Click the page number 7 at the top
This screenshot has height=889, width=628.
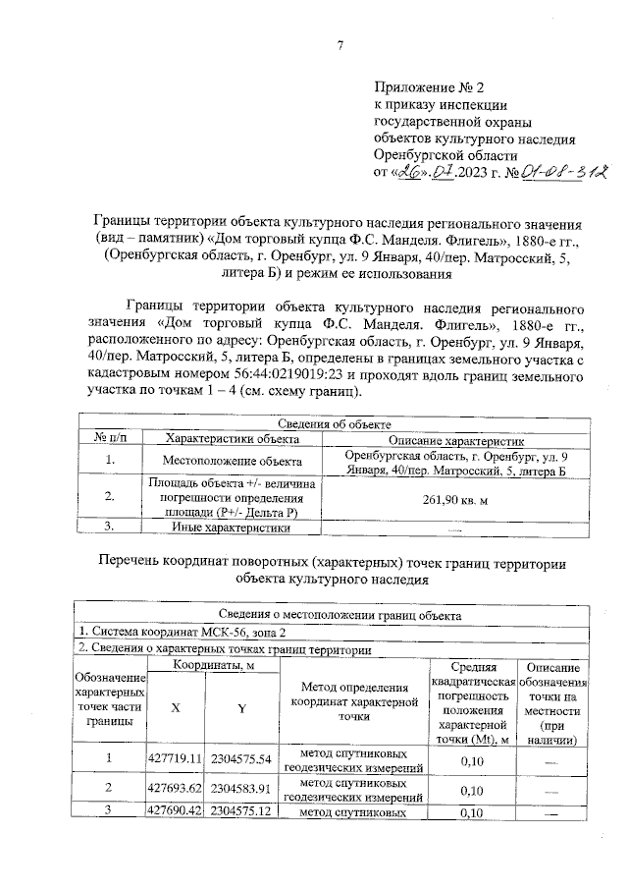pyautogui.click(x=340, y=44)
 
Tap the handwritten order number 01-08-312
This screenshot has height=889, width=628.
pyautogui.click(x=548, y=173)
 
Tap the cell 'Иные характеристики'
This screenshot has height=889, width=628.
pyautogui.click(x=232, y=528)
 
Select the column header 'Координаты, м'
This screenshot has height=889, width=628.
pyautogui.click(x=213, y=665)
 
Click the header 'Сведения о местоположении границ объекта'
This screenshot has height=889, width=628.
pyautogui.click(x=333, y=615)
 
